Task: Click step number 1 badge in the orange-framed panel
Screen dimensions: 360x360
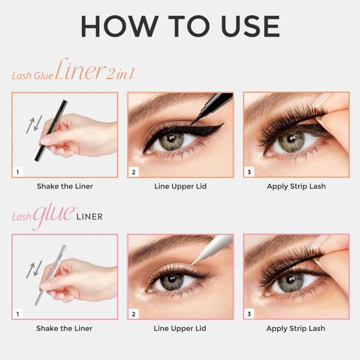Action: pos(19,171)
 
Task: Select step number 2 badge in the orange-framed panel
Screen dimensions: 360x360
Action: pos(133,171)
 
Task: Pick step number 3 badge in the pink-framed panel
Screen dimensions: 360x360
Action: pos(250,314)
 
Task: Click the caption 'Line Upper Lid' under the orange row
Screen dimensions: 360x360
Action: pos(180,186)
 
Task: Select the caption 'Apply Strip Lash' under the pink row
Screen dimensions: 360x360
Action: pos(295,328)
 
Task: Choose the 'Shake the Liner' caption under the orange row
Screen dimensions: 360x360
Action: pos(65,186)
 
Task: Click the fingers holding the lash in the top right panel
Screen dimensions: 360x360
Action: pos(335,124)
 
